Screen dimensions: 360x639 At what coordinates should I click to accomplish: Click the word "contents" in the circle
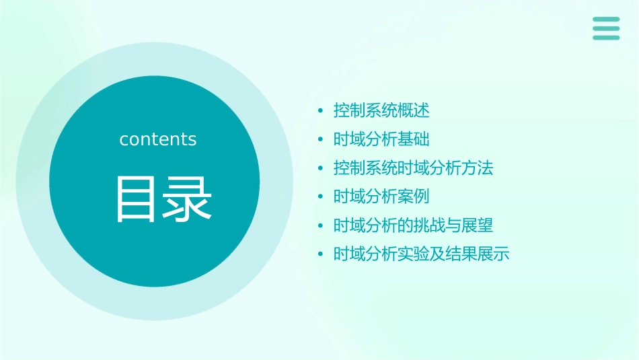click(158, 139)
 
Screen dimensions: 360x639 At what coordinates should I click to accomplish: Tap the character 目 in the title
click(137, 199)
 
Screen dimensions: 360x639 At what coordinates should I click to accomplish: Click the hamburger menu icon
click(605, 28)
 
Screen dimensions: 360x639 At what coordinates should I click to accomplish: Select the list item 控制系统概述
click(381, 110)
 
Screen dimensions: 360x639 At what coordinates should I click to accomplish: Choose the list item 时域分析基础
click(381, 139)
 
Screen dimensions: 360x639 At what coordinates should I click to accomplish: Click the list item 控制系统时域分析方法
click(414, 168)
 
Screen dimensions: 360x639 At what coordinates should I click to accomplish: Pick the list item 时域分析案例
click(381, 196)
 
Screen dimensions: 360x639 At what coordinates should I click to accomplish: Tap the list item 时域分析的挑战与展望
click(414, 225)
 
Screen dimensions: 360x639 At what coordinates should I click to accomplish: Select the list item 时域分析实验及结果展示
click(422, 254)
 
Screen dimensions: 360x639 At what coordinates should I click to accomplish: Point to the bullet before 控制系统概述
click(321, 111)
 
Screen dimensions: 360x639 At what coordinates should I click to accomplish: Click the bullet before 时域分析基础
click(321, 140)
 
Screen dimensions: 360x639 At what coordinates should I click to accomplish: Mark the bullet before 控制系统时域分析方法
click(321, 168)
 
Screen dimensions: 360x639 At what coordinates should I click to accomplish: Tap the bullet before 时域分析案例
click(321, 197)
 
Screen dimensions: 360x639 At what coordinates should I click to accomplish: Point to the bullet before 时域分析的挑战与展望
click(321, 226)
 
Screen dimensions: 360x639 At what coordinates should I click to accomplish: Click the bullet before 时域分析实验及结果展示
click(321, 255)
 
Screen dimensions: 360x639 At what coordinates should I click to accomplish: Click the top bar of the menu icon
click(605, 20)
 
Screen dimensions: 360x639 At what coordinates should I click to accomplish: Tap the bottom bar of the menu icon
click(605, 37)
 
